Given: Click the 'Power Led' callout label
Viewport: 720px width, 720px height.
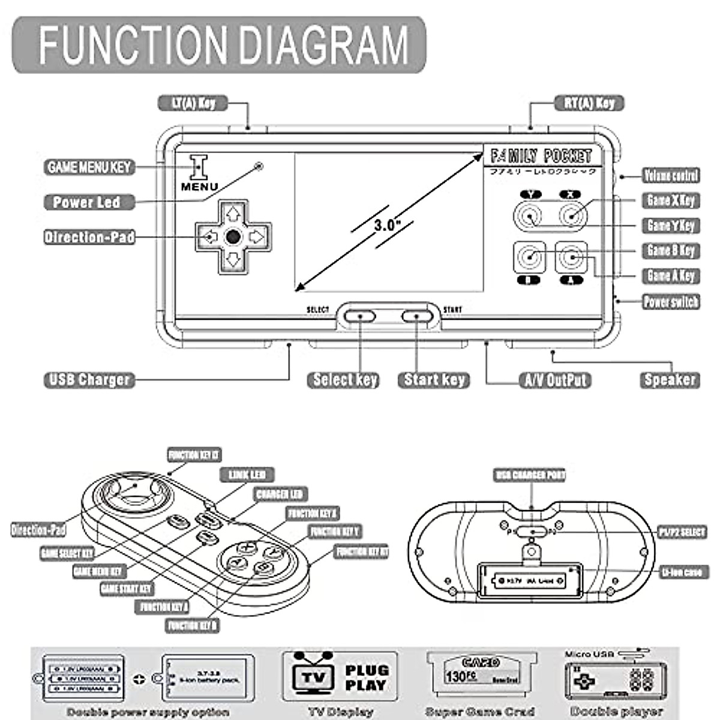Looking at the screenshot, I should pos(86,202).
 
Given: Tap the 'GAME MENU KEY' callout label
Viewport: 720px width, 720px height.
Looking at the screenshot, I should pos(89,167).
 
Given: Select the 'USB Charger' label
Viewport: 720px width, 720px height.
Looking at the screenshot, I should pos(89,380).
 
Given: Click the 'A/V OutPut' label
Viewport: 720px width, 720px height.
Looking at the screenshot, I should pos(555,380).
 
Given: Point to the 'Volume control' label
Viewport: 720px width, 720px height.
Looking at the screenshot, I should pos(671,175).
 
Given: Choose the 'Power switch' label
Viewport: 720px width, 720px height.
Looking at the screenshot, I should pos(671,301).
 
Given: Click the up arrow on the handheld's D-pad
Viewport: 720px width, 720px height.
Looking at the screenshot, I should pos(233,213).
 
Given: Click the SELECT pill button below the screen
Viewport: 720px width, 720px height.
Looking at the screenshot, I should pos(359,316).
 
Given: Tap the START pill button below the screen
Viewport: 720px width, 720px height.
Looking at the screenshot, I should pos(416,316).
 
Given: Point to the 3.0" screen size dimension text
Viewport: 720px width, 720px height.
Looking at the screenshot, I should pos(387,226).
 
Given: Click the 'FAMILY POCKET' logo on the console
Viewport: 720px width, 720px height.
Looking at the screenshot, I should pos(541,157).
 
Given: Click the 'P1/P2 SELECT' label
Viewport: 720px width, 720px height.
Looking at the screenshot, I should pos(682,532).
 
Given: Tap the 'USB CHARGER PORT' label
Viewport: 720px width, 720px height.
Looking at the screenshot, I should pos(530,475).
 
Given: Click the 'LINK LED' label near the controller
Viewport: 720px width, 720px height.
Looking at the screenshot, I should pos(247,475).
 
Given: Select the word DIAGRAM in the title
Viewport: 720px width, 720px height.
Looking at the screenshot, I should pos(327,45).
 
